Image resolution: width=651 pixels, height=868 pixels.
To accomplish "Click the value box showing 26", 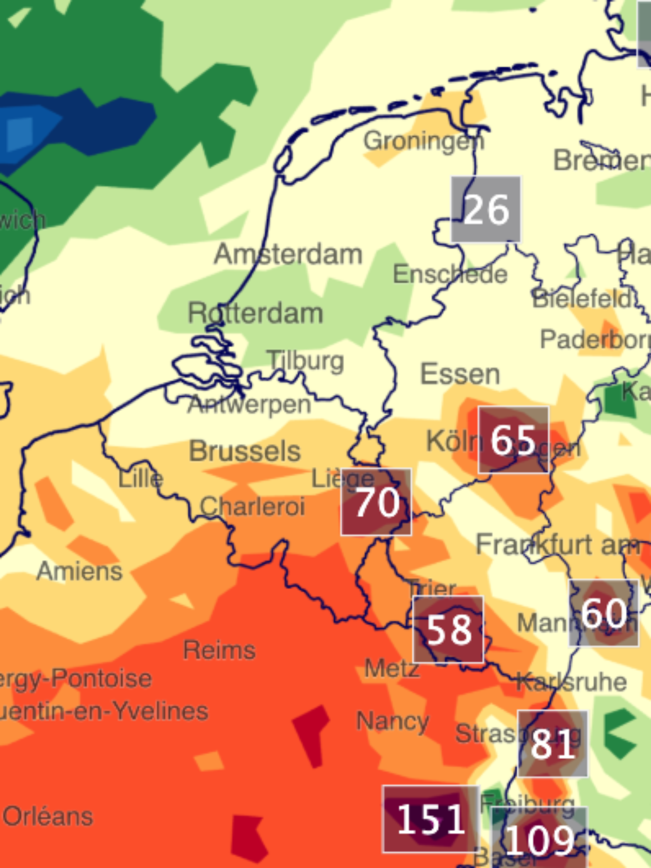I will pos(486,210).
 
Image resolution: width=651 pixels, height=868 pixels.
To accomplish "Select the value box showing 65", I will pos(513,440).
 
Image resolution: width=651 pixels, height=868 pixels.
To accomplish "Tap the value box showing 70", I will pos(376,502).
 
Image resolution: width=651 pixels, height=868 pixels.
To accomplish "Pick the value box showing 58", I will pos(448,629).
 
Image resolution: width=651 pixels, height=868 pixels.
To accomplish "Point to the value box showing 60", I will pos(604,613).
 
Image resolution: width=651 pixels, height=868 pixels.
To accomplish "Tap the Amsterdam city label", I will pos(288,254).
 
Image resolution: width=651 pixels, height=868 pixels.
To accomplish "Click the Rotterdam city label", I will pos(256,313).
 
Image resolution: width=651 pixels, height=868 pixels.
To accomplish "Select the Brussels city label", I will pos(245,451).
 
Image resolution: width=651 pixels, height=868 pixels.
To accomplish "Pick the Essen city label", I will pos(460,374).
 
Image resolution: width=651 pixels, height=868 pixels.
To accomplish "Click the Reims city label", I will pos(219,650).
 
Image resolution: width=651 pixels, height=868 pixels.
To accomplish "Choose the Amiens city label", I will pos(79,571).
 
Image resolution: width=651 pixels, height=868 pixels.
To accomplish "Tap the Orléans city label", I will pos(48,817).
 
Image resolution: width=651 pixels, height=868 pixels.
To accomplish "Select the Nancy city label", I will pos(392,721).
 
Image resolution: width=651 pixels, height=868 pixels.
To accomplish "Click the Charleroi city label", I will pos(252,506).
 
